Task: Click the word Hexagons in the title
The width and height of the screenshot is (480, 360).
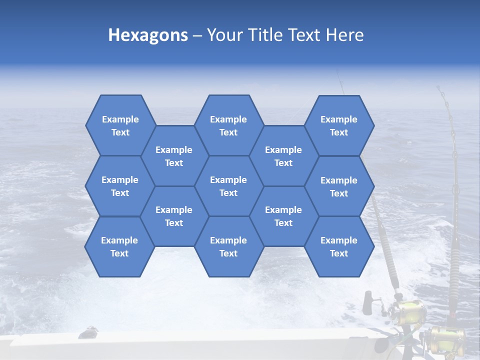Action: pos(148,35)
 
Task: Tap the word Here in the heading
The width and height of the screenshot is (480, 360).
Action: pos(344,35)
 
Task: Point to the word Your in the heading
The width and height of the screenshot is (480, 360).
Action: pos(223,35)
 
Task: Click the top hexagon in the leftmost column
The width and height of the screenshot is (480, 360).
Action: pos(120,125)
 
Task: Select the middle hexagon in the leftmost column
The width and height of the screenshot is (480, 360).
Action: pos(120,186)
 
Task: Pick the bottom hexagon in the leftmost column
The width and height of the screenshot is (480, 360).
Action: pos(119,246)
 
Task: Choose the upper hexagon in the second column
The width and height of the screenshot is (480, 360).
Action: pos(174,156)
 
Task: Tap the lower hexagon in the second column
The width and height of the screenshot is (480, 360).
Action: pos(174,216)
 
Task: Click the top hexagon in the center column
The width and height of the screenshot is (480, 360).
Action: pos(228,125)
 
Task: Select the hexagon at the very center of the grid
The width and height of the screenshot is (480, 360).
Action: pos(228,186)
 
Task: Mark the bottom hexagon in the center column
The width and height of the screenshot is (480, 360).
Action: pos(228,246)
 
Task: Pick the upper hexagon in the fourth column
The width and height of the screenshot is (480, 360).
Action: pos(283,156)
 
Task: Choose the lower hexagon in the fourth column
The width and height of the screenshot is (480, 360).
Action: pos(283,216)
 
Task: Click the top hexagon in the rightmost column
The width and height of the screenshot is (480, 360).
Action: pos(339,125)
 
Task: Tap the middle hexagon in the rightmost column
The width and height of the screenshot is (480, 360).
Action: pos(339,186)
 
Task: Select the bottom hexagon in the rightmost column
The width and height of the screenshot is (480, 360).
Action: pos(339,246)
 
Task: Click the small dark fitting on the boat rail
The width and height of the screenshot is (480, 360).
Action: pos(89,330)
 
